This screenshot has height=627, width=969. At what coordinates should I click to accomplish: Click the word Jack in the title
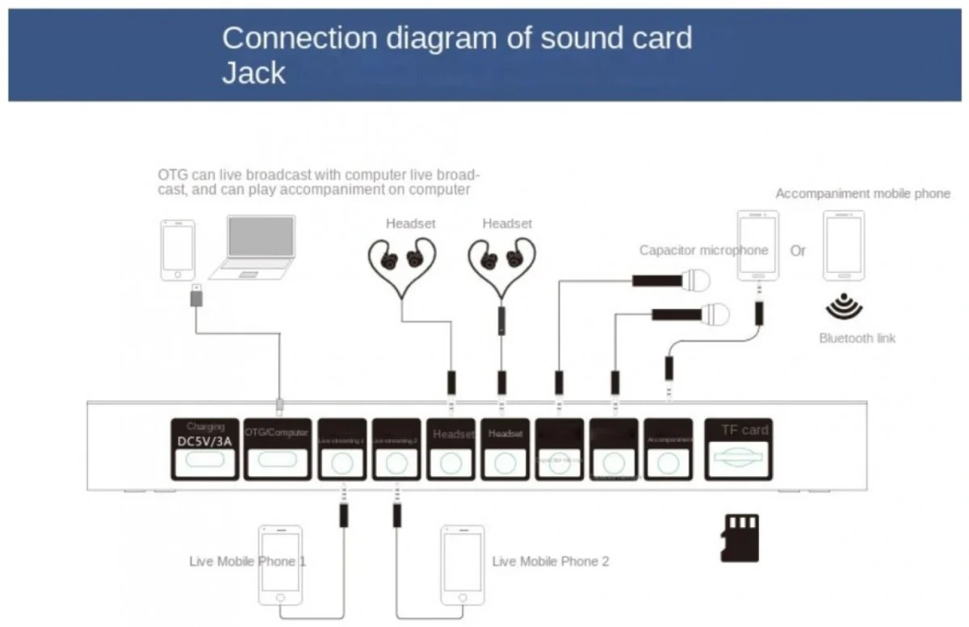coord(254,73)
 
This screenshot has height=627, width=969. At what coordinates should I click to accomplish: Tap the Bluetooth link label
coord(857,338)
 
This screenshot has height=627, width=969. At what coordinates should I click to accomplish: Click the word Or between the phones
coord(798,251)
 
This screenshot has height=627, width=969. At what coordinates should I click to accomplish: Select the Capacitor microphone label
coord(703,250)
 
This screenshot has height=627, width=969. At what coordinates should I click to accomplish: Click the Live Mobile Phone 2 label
coord(551,561)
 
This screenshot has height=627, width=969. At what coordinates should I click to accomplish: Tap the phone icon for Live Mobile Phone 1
coord(279,565)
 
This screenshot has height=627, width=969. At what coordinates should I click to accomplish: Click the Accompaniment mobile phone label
coord(862,194)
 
